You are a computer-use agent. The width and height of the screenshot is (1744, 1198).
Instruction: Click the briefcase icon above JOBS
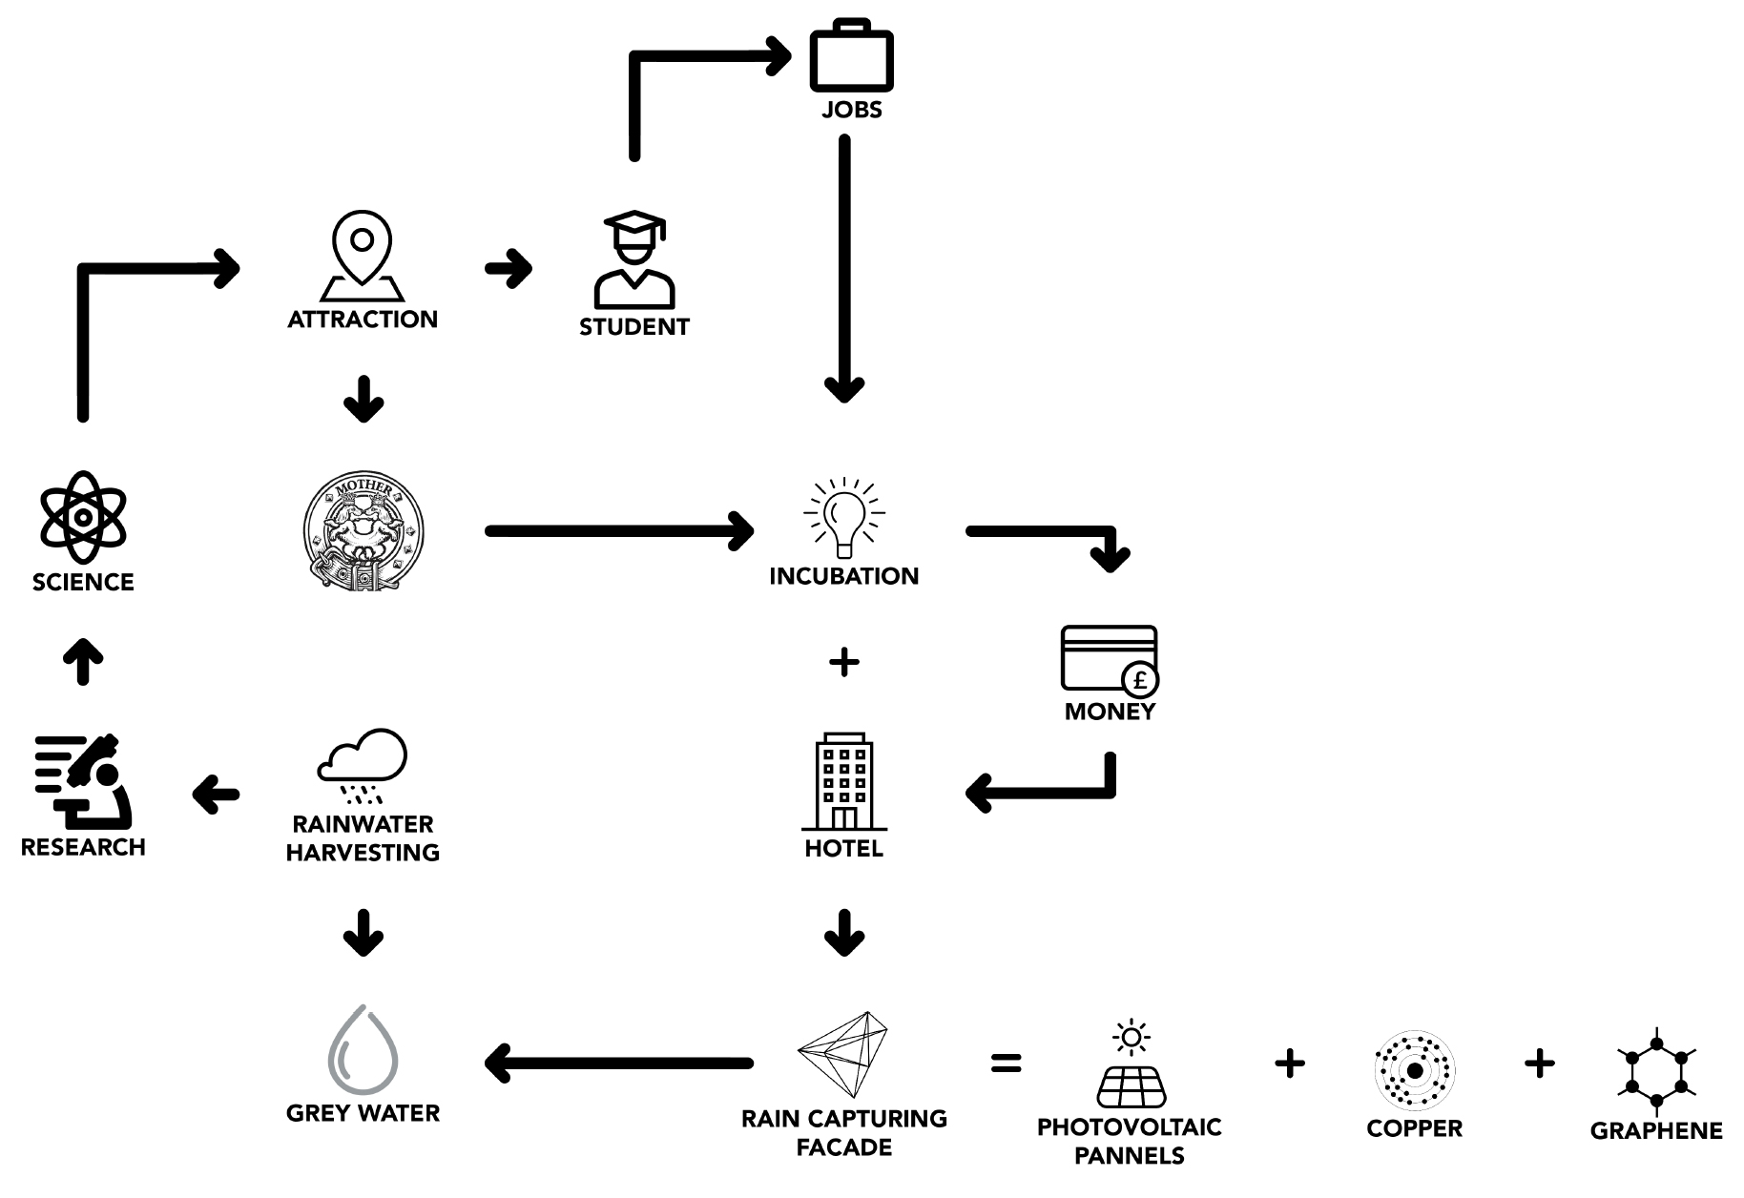[x=851, y=59]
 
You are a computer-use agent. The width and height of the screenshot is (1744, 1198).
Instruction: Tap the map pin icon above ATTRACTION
[x=362, y=253]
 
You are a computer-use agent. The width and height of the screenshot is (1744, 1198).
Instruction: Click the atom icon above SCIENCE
[x=83, y=517]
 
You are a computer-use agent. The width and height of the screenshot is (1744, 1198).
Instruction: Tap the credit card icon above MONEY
[x=1110, y=658]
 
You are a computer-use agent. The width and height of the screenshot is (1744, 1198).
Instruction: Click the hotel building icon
[x=844, y=782]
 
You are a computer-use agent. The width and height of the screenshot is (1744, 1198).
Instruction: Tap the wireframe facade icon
[x=844, y=1054]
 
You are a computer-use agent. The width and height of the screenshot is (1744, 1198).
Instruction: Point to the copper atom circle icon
[x=1414, y=1070]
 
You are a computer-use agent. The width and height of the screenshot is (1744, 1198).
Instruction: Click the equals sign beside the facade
[x=1006, y=1063]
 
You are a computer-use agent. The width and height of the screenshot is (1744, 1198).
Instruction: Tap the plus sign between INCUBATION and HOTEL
[x=844, y=662]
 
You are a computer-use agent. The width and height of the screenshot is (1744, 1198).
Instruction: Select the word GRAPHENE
[x=1656, y=1131]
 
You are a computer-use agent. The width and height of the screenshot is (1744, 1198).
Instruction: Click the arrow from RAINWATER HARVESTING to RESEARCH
[x=217, y=794]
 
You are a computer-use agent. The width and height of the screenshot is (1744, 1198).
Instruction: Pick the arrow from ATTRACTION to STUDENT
[x=509, y=268]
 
